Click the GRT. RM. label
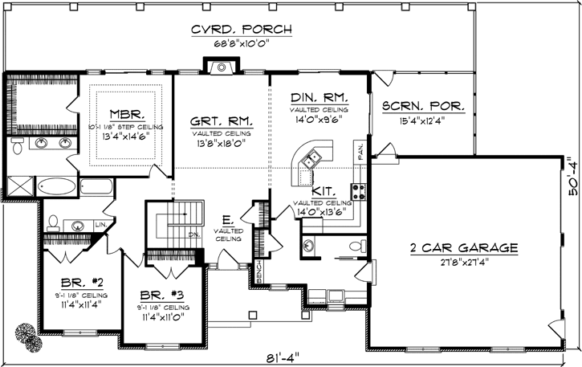pyautogui.click(x=222, y=121)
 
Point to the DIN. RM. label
pyautogui.click(x=319, y=97)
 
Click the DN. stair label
pyautogui.click(x=193, y=235)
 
